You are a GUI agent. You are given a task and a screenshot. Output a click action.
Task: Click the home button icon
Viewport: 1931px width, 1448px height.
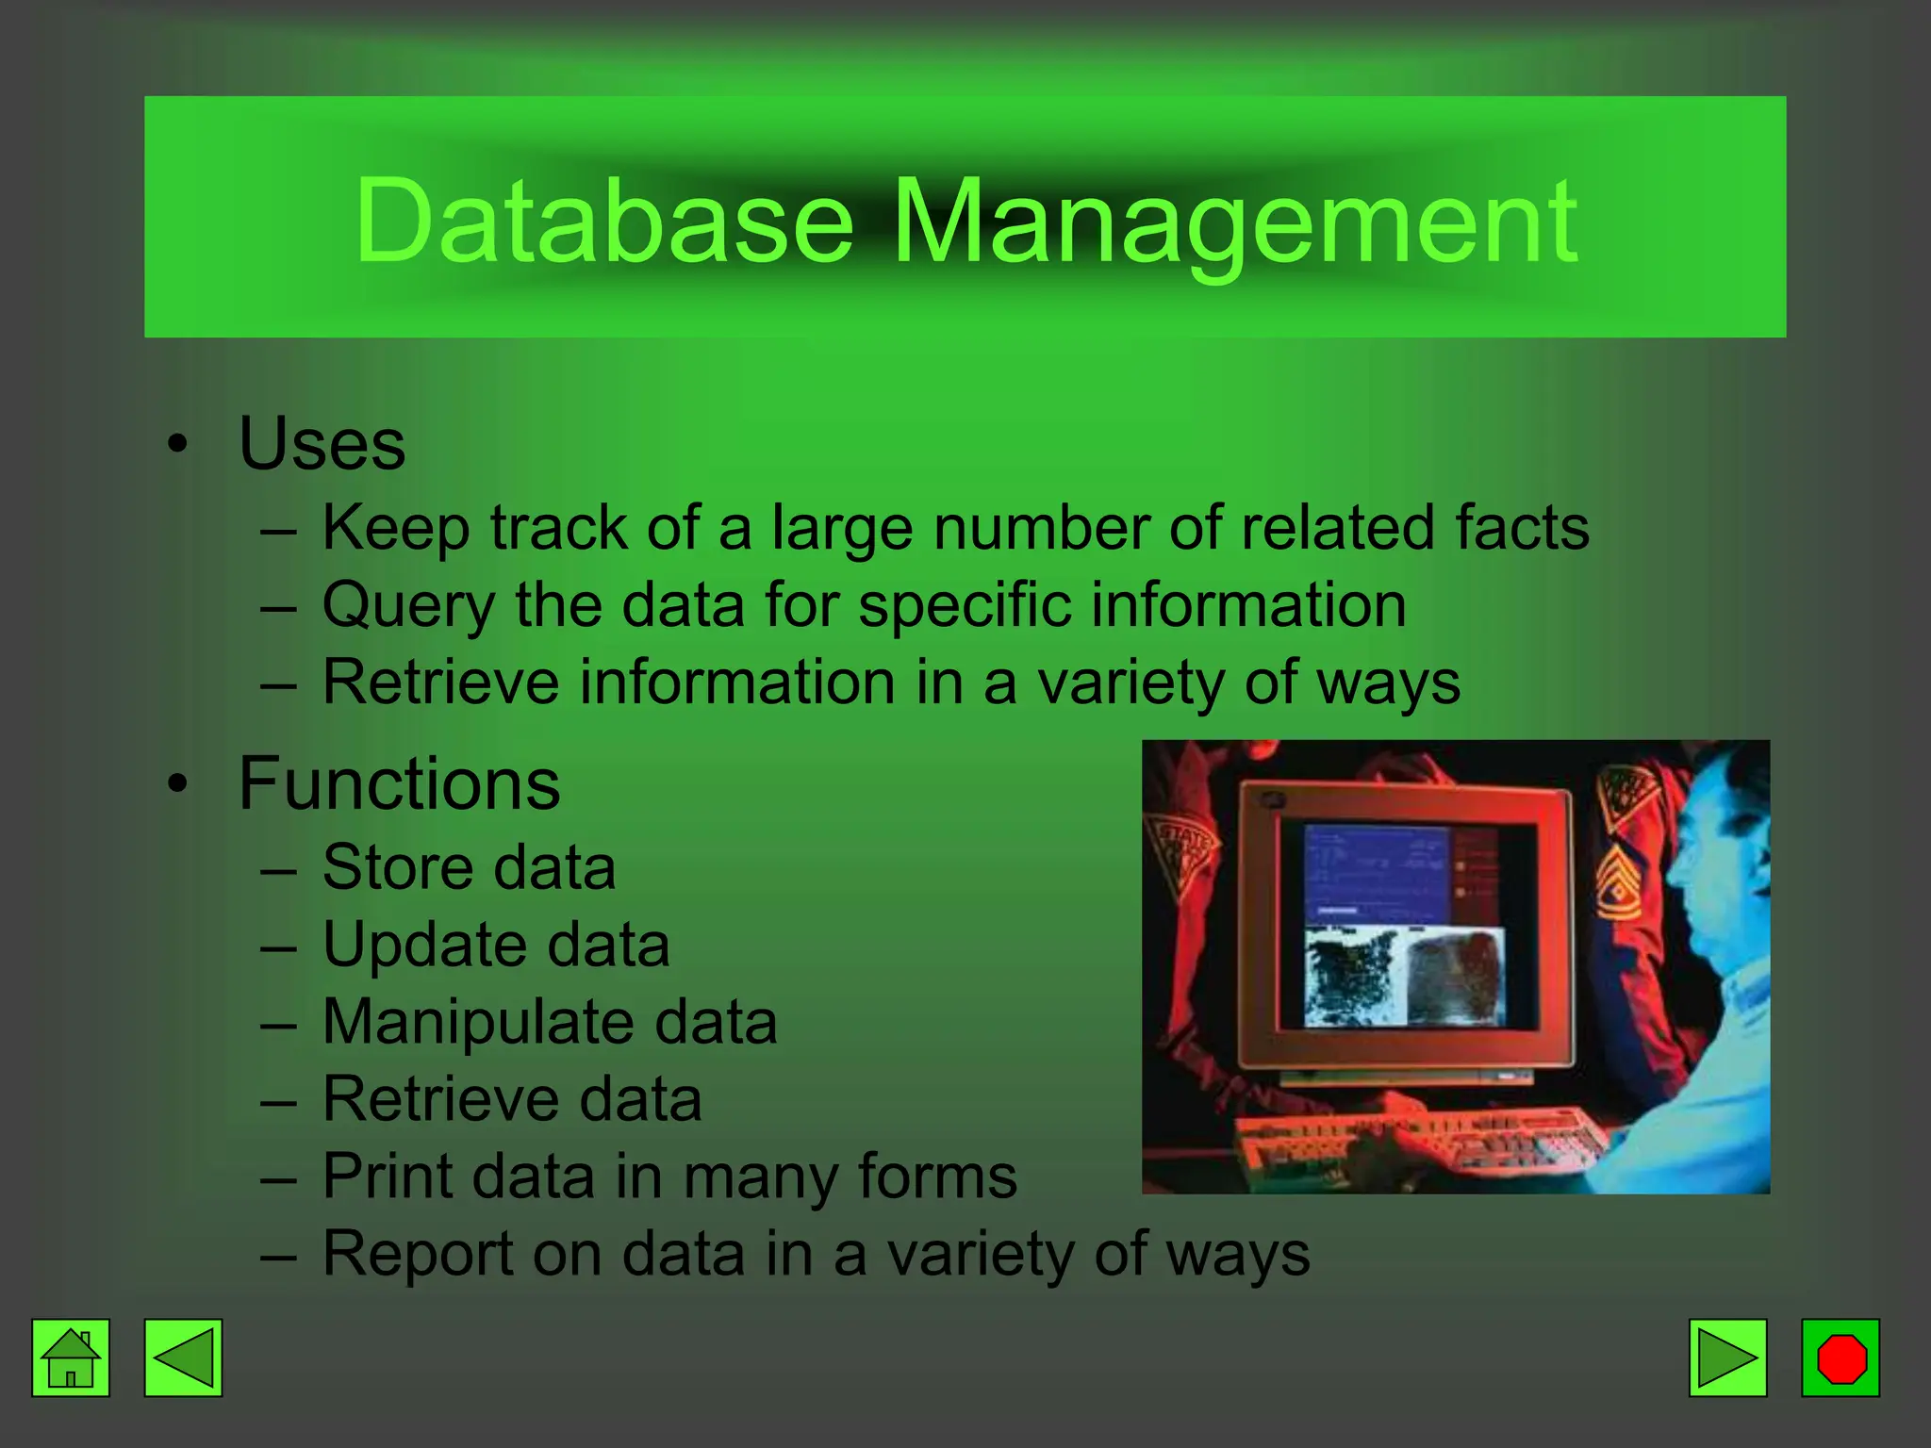click(x=71, y=1357)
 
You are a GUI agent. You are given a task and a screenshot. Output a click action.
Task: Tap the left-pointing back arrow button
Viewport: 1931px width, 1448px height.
click(x=183, y=1357)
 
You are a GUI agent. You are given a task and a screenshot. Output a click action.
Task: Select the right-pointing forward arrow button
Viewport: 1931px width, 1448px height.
click(x=1727, y=1357)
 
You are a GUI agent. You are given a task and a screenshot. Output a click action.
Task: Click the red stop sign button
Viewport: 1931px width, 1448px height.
click(x=1840, y=1357)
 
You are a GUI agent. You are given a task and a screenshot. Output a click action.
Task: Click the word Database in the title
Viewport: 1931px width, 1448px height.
click(x=603, y=222)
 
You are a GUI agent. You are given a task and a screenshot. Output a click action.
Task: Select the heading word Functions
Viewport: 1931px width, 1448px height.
click(x=399, y=783)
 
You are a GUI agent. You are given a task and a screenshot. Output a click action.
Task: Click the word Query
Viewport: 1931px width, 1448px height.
click(x=407, y=605)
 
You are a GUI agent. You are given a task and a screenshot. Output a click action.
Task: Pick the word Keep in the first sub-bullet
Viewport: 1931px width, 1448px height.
click(x=396, y=528)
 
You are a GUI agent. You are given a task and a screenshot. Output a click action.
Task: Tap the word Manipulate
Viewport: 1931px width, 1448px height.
click(x=478, y=1023)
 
